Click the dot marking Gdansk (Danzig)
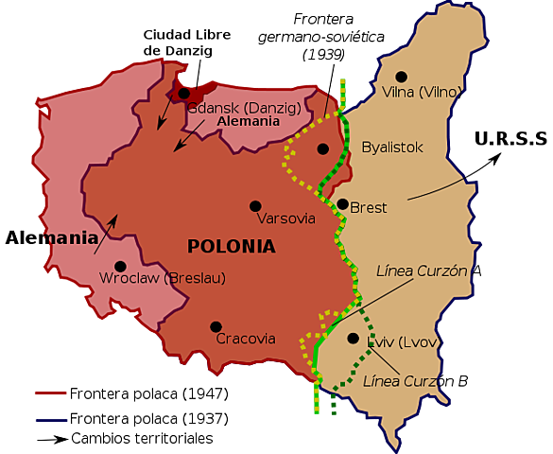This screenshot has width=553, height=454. (184, 94)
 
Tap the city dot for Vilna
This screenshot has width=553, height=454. (401, 77)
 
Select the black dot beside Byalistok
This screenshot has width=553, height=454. (323, 148)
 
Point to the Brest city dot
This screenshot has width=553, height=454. (342, 203)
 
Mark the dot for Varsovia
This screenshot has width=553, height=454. (255, 205)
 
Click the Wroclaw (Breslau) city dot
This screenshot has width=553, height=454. (120, 267)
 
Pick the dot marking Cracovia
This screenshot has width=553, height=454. (216, 327)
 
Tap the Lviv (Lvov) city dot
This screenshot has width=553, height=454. (353, 338)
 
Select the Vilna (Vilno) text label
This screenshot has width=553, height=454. (423, 92)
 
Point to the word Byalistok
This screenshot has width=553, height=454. (392, 148)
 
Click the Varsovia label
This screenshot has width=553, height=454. (285, 218)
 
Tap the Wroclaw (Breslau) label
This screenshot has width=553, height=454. (163, 278)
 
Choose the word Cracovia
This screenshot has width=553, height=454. (246, 339)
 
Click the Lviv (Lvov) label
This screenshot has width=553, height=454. (402, 341)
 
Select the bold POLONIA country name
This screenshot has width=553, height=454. (232, 247)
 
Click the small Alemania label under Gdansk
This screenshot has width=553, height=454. (249, 121)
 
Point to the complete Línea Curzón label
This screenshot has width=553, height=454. (422, 271)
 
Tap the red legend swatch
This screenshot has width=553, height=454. (49, 393)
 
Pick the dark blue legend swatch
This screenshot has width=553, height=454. (49, 420)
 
